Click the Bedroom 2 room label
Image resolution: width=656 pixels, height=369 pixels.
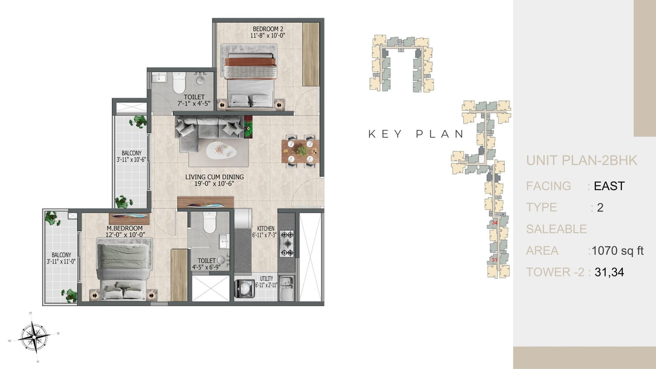click(268, 29)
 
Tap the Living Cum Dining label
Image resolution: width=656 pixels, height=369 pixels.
click(214, 177)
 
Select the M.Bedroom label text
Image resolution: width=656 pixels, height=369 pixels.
click(125, 228)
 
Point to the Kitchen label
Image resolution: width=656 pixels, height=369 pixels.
click(265, 228)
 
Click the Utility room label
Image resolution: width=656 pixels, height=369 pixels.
click(266, 278)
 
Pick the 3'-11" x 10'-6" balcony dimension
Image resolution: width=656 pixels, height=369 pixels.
click(131, 160)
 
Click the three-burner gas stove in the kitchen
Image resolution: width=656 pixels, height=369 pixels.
click(286, 244)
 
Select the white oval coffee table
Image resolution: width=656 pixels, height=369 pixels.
click(221, 150)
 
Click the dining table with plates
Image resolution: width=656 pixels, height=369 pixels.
click(300, 151)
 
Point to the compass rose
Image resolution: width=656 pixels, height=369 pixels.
click(34, 338)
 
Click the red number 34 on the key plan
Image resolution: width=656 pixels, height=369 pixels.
click(495, 223)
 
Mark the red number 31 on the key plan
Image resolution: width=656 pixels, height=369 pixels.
click(495, 260)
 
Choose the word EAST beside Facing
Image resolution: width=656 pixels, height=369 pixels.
click(609, 186)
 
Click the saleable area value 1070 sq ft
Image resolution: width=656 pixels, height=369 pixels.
click(618, 251)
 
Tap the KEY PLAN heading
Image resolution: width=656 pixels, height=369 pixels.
click(416, 134)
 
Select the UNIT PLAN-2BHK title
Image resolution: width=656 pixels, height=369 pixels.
click(582, 160)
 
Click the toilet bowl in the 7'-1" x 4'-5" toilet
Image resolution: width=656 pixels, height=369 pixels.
click(179, 83)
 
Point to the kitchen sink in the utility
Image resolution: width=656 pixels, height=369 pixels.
click(286, 288)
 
